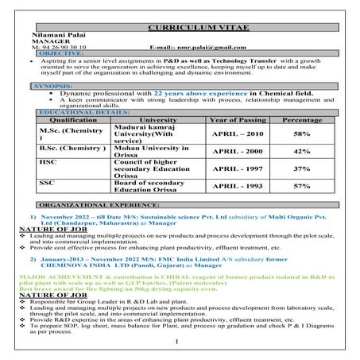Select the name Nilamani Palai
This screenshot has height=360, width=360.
49,36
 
